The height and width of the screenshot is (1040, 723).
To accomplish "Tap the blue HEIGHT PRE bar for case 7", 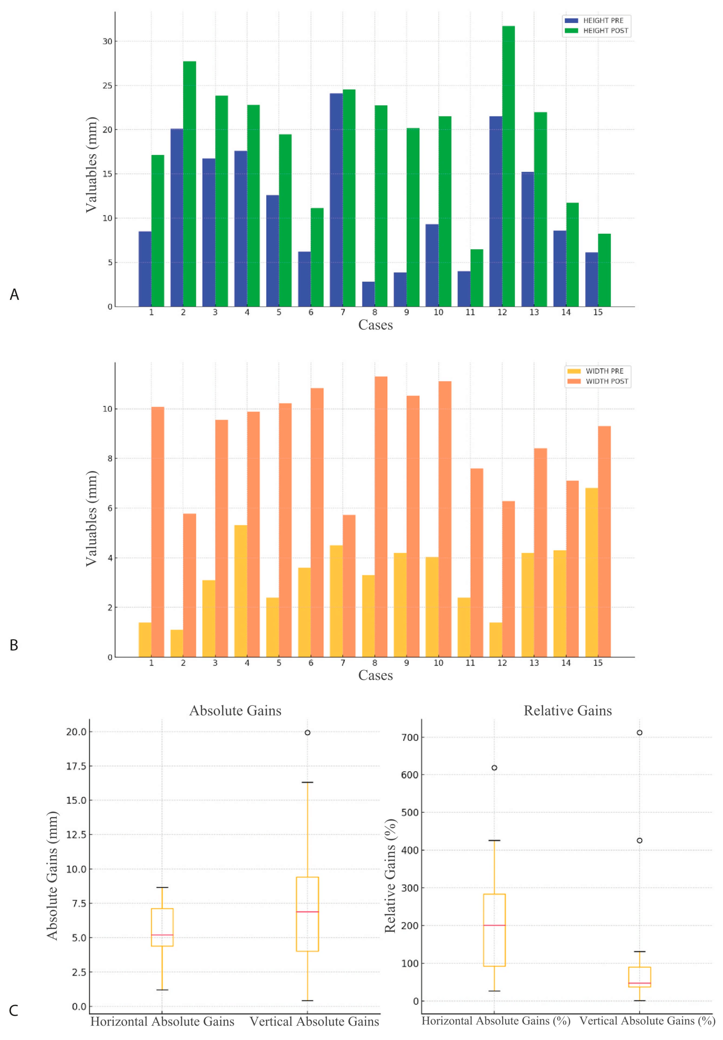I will (336, 200).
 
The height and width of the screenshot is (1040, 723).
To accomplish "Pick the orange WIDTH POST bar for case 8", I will (381, 516).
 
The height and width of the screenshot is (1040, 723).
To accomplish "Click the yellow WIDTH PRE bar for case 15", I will (591, 572).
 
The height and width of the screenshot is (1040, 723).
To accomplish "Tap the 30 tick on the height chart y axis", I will (107, 41).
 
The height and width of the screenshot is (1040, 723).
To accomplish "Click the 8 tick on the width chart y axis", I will (110, 459).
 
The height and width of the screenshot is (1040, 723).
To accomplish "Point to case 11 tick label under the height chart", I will (470, 312).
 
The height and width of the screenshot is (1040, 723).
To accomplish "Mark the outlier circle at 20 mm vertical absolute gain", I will (307, 732).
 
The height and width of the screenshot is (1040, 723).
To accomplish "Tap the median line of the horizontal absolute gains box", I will (162, 934).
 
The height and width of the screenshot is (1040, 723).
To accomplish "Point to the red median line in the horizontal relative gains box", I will (494, 925).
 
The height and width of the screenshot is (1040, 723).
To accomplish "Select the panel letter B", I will (14, 645).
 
